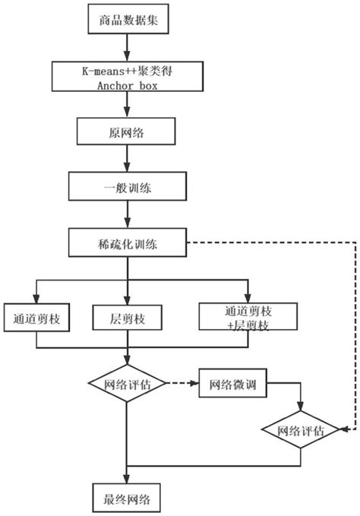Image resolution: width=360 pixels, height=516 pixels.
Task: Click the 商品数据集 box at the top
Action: point(128,21)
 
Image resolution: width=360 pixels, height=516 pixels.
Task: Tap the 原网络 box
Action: point(127,131)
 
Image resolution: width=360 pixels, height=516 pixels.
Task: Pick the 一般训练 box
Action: point(127,186)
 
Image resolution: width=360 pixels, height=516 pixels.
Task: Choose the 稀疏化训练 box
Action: point(127,244)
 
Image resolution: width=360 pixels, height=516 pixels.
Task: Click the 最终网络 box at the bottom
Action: point(127,498)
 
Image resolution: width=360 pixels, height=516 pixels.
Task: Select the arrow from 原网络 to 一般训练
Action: point(127,159)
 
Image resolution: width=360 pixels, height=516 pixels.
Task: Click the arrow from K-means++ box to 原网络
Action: point(127,104)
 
